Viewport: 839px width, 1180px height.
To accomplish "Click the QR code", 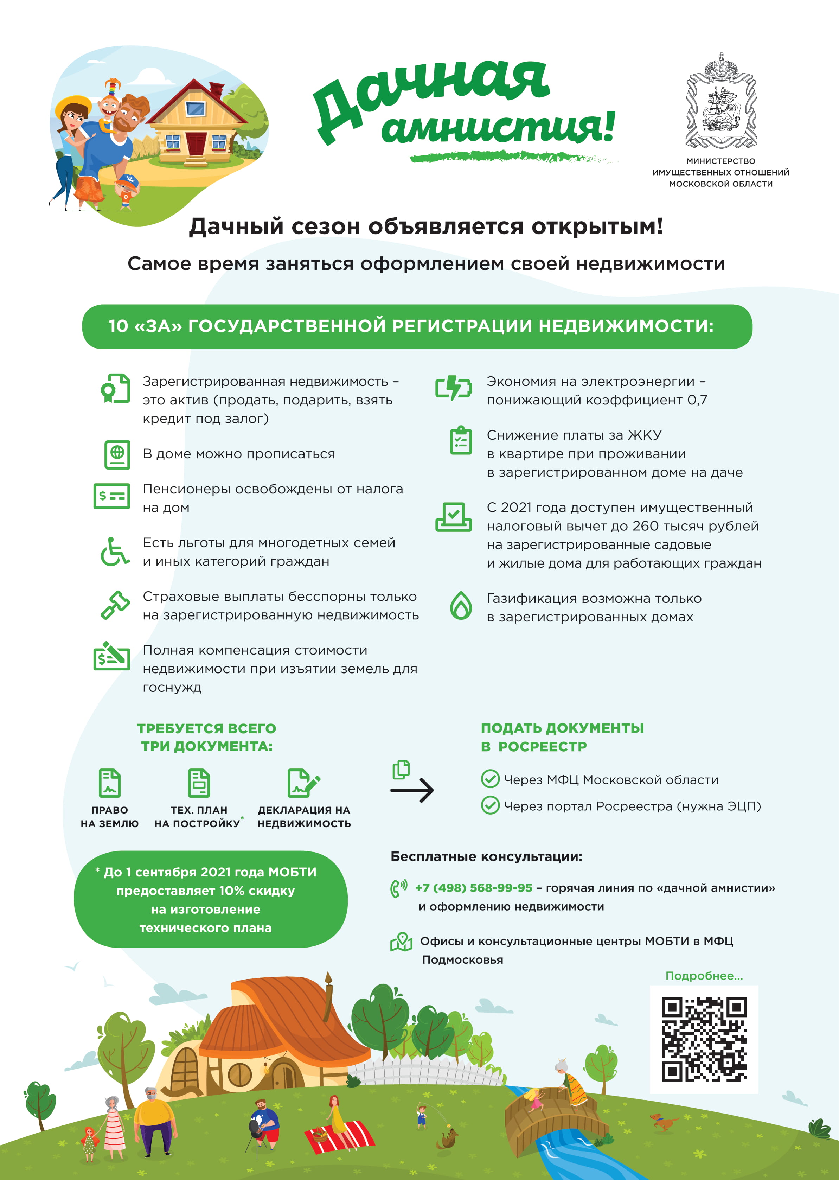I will pos(704,1039).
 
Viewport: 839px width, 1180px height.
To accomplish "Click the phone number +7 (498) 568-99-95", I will pos(473,888).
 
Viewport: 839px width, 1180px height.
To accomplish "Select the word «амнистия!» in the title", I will pos(499,127).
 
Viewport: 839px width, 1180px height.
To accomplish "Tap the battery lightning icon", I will pos(453,388).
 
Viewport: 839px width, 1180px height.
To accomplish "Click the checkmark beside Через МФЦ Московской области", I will pos(490,779).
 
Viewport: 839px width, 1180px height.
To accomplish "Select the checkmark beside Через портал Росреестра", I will pos(490,805).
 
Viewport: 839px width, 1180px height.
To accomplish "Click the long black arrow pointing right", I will pos(412,790).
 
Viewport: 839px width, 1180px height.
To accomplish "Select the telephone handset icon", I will pos(398,889).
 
